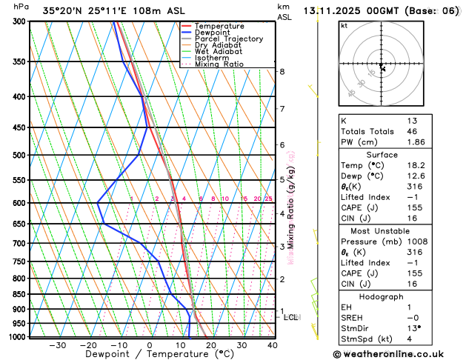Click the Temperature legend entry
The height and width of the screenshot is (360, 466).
click(x=219, y=26)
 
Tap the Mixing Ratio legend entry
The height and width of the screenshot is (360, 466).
click(x=219, y=64)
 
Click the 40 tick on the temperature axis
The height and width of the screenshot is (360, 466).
click(x=273, y=345)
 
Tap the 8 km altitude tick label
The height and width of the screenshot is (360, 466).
click(x=282, y=72)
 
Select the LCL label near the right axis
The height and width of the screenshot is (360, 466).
click(x=291, y=317)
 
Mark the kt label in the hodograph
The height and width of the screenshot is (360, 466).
click(x=344, y=25)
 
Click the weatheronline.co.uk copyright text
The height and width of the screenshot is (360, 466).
click(x=398, y=354)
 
